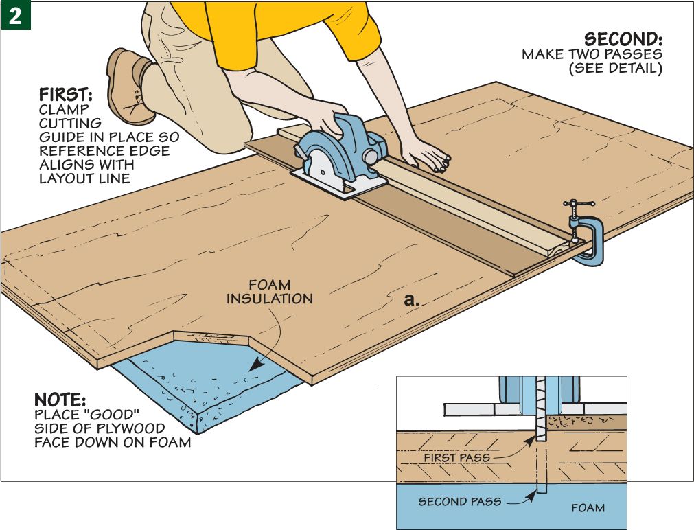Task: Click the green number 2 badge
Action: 15,15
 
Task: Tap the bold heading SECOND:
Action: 623,38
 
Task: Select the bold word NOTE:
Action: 60,400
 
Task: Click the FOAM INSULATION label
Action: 269,292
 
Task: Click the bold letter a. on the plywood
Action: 411,300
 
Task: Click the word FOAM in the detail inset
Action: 588,508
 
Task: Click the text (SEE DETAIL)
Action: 616,69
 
